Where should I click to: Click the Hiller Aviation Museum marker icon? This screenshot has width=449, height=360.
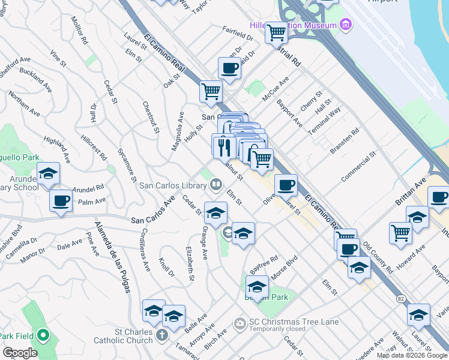(346, 25)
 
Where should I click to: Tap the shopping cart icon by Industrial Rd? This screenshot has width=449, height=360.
(276, 31)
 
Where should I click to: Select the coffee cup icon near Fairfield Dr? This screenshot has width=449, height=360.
(229, 68)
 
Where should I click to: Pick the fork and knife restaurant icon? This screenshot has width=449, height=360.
(223, 145)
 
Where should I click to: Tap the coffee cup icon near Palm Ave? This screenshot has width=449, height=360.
(61, 201)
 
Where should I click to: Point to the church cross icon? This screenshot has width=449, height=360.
(161, 334)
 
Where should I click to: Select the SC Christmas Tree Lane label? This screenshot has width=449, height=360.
(294, 322)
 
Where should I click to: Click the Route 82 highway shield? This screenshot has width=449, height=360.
(400, 298)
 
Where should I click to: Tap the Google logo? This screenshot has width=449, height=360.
(20, 353)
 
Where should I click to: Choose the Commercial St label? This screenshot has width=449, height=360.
(358, 167)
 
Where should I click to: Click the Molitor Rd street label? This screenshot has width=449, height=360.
(79, 31)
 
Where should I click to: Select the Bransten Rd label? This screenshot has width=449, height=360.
(345, 140)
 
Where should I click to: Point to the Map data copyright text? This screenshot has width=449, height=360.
(412, 355)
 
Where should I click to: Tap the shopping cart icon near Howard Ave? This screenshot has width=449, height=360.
(400, 232)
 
